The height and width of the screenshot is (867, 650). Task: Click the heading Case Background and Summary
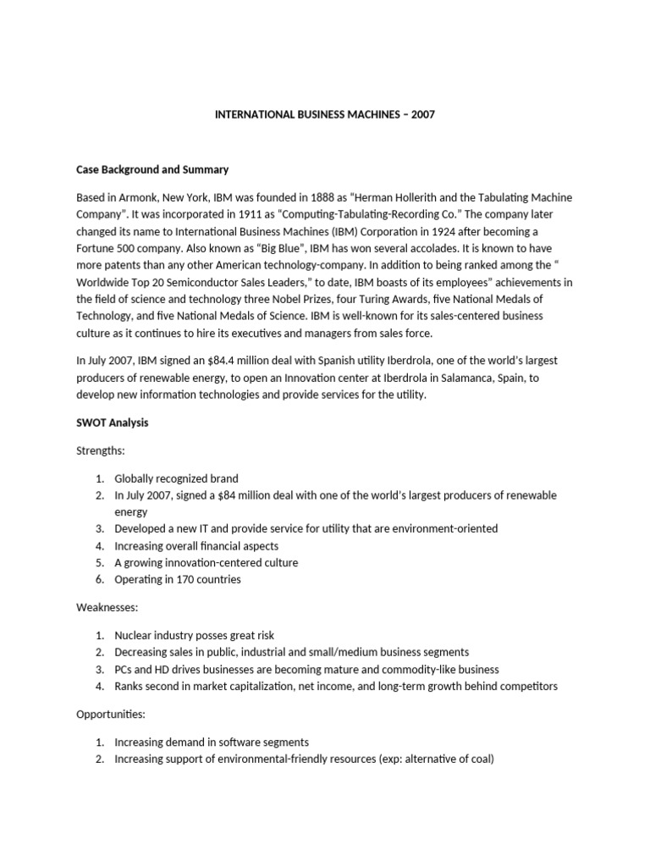pos(152,169)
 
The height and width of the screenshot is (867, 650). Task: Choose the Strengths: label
pos(101,451)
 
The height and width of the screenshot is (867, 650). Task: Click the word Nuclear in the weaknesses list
pos(134,635)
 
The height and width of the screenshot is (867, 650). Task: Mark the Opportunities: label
pos(110,715)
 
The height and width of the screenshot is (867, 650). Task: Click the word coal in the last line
pos(478,759)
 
